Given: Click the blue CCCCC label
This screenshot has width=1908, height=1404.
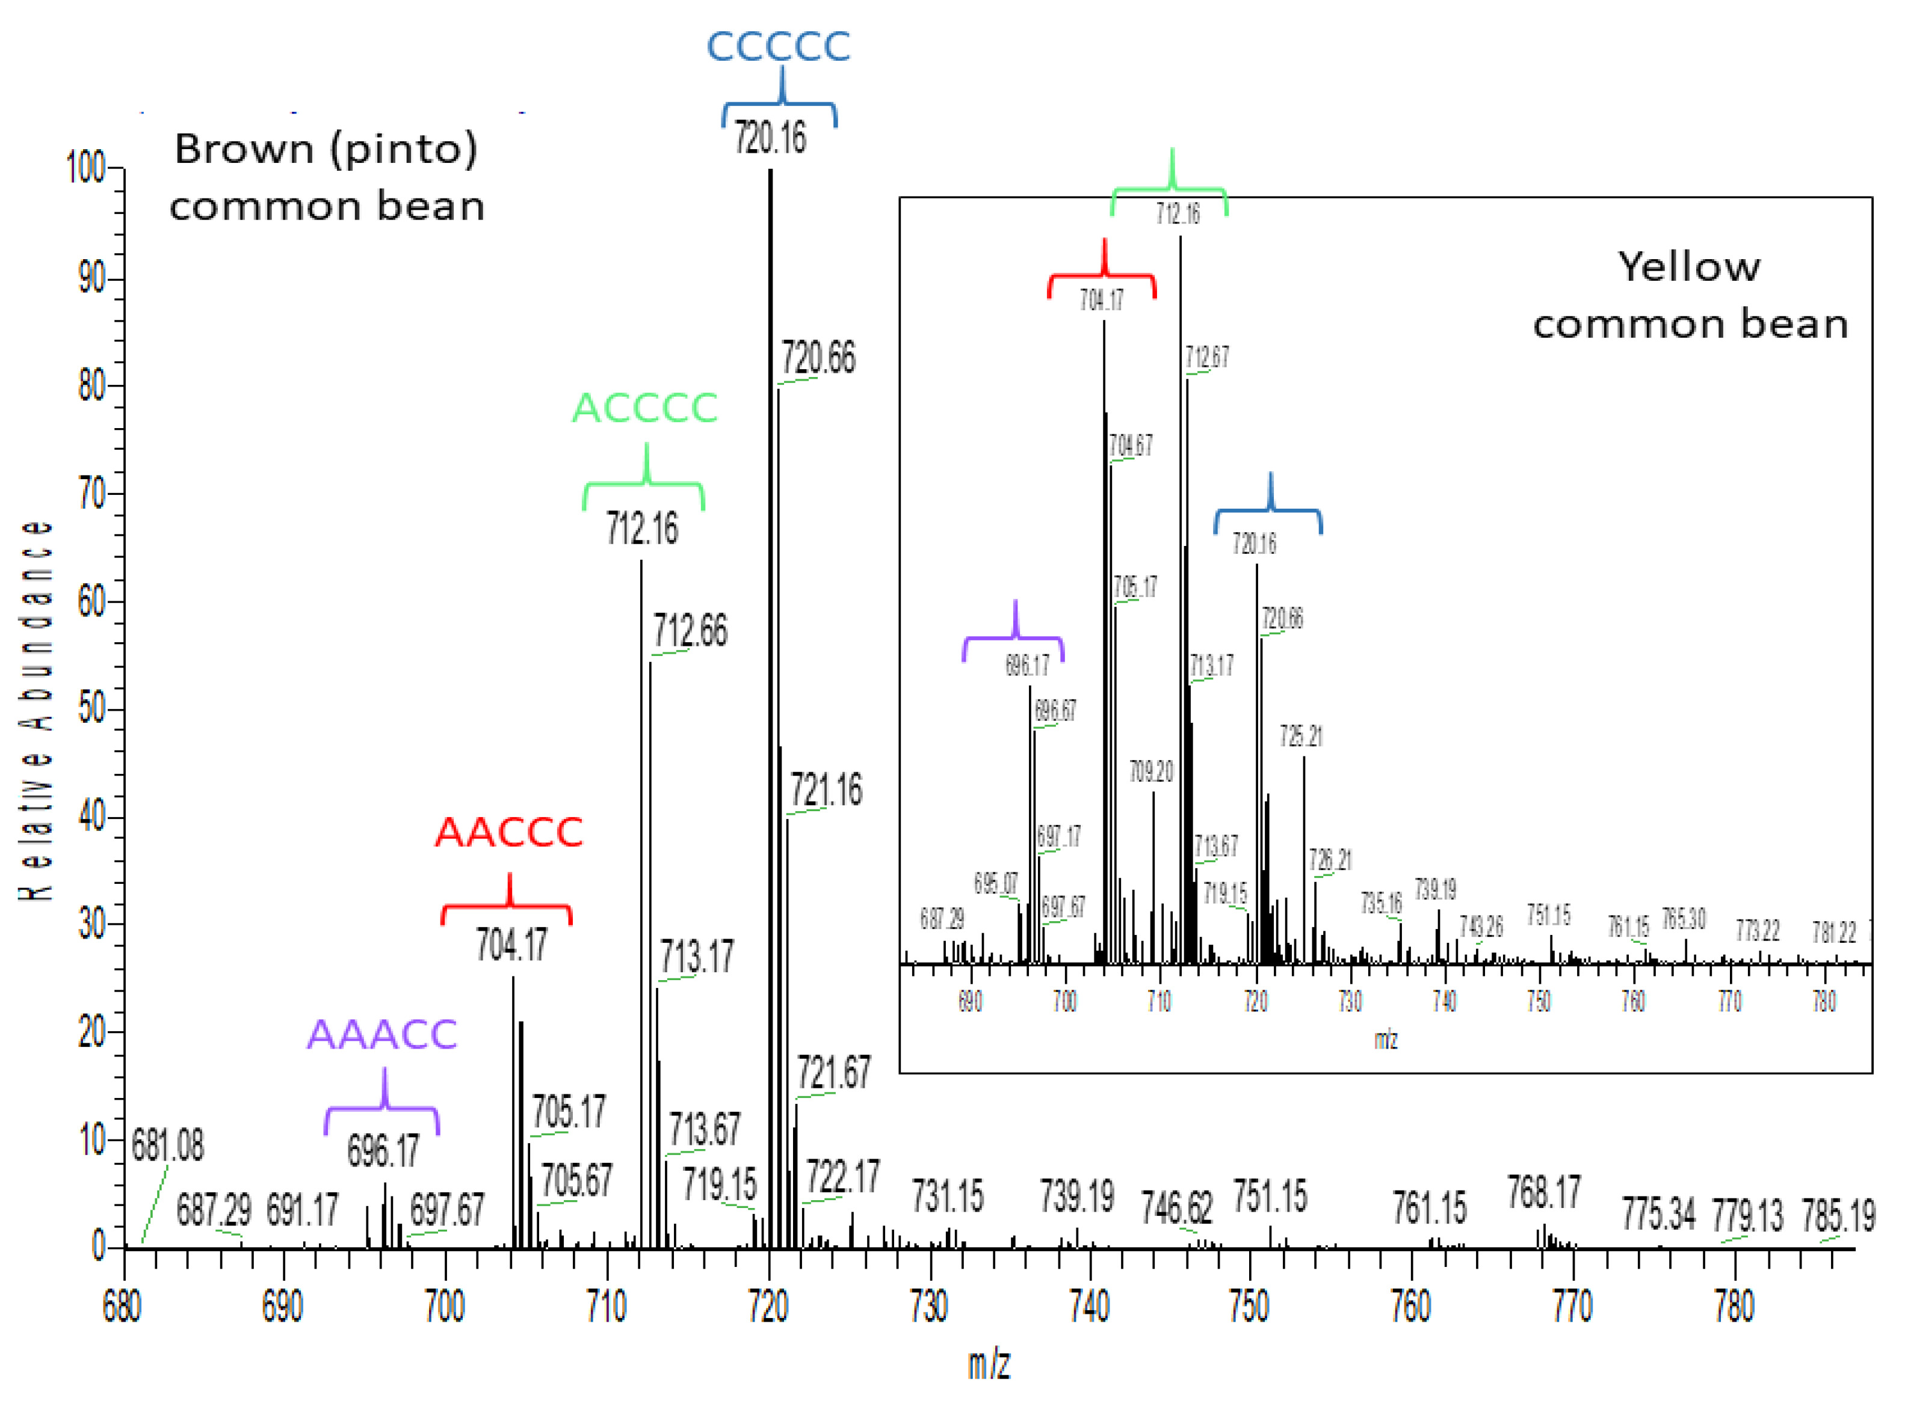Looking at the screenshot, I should pos(777,47).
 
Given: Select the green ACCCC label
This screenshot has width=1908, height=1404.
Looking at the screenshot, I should pos(644,408).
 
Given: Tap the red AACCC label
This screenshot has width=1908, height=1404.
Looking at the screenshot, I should pos(508,832).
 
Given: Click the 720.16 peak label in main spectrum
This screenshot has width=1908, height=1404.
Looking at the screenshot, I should pos(770,138).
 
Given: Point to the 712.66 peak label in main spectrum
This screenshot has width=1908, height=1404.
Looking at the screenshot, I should pos(690,631).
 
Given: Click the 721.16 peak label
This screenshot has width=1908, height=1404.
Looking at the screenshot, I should pos(826,789).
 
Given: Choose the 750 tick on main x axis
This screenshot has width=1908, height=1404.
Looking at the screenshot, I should pos(1249,1306).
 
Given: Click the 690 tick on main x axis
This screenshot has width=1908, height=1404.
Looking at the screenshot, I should pos(282,1306).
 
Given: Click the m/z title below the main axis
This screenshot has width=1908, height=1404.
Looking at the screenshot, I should pos(988,1364).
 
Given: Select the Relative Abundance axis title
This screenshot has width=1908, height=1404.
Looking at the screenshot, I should pos(36,710).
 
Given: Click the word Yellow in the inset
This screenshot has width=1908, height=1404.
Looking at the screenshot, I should pos(1687,267).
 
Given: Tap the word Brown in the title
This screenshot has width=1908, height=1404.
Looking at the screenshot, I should pos(244,150).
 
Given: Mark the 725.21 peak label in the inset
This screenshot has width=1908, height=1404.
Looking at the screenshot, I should pos(1300,736).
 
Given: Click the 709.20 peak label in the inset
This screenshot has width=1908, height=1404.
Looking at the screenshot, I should pos(1150,771).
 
